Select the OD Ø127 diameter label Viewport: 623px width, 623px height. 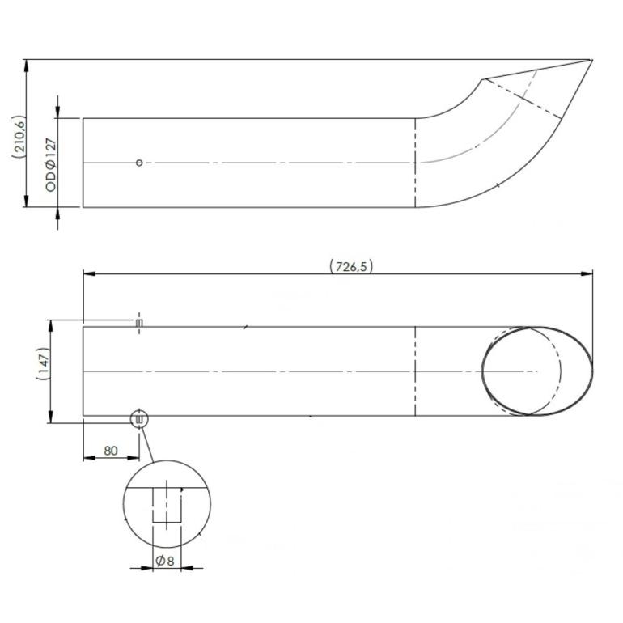click(51, 165)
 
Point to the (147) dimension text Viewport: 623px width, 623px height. click(43, 363)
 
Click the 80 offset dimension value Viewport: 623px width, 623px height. click(111, 451)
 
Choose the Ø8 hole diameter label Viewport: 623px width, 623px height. click(165, 561)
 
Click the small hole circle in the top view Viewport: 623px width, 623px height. click(139, 163)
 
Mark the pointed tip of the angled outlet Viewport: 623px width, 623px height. click(592, 60)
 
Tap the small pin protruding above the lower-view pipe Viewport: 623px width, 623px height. click(139, 323)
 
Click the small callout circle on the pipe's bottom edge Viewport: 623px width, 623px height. click(139, 418)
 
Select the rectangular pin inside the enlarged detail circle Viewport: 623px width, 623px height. click(167, 505)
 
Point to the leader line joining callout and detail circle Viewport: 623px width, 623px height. click(147, 444)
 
